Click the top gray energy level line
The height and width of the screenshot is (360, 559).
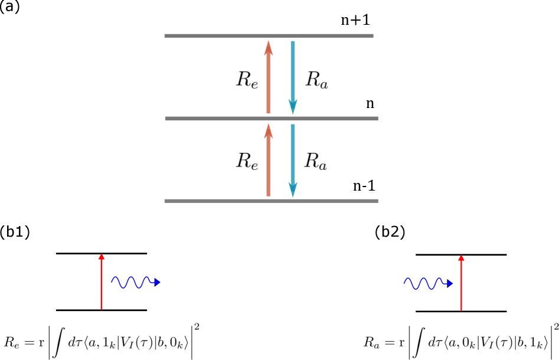pos(269,35)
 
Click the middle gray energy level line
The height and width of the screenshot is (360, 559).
pos(271,118)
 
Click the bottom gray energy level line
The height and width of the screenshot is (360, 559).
pos(271,201)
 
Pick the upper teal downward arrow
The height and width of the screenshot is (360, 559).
pos(293,77)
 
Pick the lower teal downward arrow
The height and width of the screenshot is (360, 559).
pos(293,160)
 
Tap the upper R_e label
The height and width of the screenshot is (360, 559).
pos(247,80)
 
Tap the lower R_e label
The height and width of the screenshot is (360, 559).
pos(247,162)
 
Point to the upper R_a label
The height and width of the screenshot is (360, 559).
pos(316,80)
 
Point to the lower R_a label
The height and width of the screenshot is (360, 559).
pos(316,162)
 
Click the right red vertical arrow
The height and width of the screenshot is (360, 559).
pos(461,283)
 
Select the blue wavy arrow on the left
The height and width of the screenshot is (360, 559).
pos(135,283)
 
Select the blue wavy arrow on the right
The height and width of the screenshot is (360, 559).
pos(427,283)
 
